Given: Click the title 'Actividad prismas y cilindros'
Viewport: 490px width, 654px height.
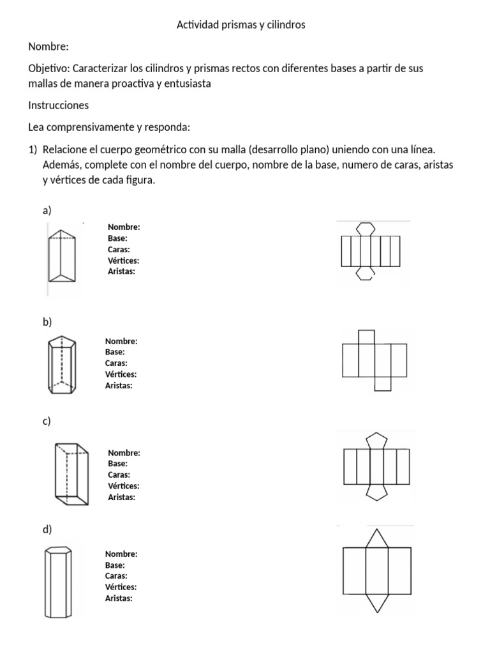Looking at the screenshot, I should [x=240, y=25].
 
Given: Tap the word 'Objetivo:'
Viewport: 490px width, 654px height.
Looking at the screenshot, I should [x=50, y=68].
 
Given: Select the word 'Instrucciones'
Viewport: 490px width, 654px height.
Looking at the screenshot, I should [x=59, y=105].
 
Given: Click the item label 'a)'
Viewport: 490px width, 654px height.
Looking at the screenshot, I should [x=47, y=210].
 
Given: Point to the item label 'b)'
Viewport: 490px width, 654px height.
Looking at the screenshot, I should [x=47, y=322].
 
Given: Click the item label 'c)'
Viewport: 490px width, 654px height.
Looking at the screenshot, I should [x=47, y=421].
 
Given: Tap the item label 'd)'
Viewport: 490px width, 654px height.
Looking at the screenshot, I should [x=47, y=529].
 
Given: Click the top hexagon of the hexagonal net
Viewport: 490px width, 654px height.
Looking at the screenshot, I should [x=365, y=228].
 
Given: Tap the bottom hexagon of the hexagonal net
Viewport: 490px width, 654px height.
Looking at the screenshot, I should [x=365, y=273].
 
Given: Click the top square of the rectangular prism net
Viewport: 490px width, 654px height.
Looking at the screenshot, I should [x=366, y=337].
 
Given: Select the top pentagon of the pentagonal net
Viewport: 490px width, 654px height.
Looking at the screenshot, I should [x=375, y=441].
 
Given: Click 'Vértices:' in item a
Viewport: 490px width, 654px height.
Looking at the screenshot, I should [x=124, y=261].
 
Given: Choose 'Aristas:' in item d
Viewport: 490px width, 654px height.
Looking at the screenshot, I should [x=119, y=598].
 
